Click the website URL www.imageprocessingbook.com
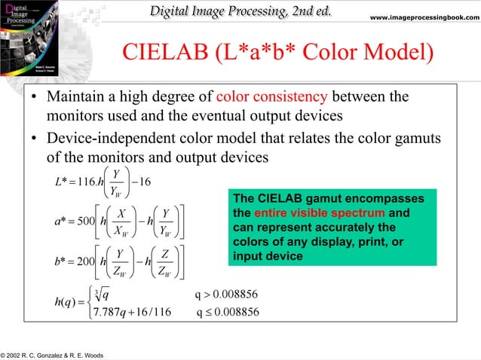pos(427,17)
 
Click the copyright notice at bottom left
pos(52,355)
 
